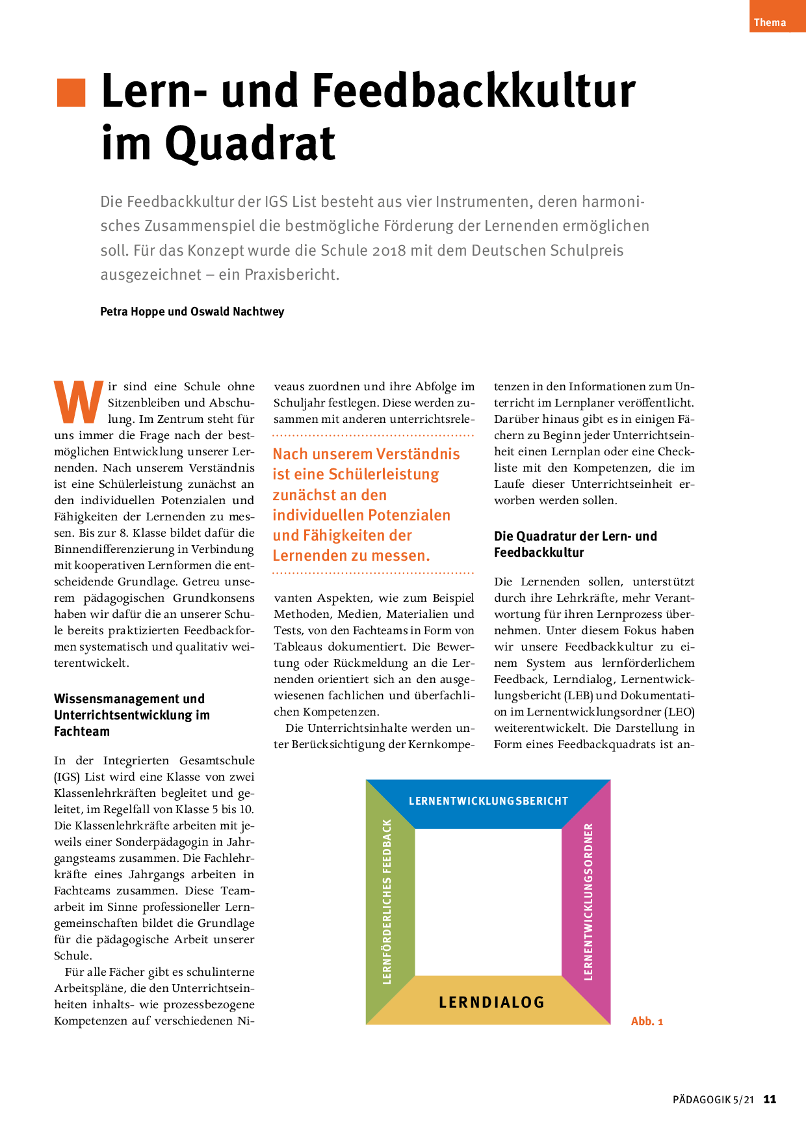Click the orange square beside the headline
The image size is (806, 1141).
pyautogui.click(x=71, y=92)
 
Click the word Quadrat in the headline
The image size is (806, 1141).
pyautogui.click(x=250, y=144)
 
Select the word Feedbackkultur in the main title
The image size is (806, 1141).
pyautogui.click(x=474, y=91)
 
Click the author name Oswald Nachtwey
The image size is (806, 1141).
pyautogui.click(x=237, y=312)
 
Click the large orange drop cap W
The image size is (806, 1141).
pyautogui.click(x=78, y=403)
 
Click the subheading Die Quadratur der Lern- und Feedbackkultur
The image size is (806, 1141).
pyautogui.click(x=575, y=544)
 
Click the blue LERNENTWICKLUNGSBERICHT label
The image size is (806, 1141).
pyautogui.click(x=488, y=801)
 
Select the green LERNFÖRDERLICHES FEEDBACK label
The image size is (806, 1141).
pyautogui.click(x=387, y=901)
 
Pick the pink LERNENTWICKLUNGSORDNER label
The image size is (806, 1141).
pyautogui.click(x=589, y=901)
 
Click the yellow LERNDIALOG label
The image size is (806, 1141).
pyautogui.click(x=491, y=1002)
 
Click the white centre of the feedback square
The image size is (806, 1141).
pyautogui.click(x=488, y=902)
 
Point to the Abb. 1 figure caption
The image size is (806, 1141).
pyautogui.click(x=647, y=1021)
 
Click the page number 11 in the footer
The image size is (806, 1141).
pyautogui.click(x=770, y=1099)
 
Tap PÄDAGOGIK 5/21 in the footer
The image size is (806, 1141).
pyautogui.click(x=713, y=1100)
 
